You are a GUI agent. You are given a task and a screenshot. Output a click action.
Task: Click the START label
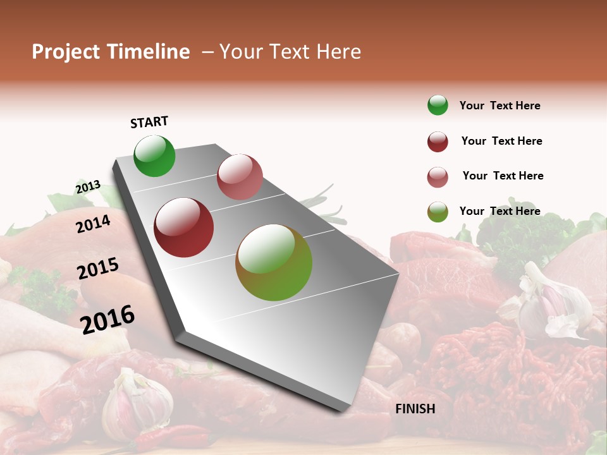149,122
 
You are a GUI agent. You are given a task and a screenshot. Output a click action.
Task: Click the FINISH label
415,409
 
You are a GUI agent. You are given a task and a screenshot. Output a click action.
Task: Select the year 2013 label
88,187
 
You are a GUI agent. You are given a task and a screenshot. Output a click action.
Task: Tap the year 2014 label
93,224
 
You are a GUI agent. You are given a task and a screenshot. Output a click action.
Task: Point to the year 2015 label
98,269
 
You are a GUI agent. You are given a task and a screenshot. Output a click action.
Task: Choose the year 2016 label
107,319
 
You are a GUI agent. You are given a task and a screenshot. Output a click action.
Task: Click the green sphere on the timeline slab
154,155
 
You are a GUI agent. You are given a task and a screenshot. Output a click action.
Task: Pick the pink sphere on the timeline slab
240,177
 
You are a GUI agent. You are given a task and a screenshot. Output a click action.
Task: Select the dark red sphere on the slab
184,227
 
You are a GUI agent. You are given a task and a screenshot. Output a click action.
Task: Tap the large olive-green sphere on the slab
274,262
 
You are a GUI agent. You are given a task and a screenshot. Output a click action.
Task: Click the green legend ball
438,106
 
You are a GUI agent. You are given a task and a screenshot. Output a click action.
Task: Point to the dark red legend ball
438,142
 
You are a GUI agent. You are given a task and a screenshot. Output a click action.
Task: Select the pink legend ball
438,177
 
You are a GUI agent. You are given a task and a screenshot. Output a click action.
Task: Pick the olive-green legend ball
438,212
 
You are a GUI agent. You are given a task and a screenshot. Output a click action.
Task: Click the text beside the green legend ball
500,106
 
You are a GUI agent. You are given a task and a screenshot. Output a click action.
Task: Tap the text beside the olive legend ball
500,211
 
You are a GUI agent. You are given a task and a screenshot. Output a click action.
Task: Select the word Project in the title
66,52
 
